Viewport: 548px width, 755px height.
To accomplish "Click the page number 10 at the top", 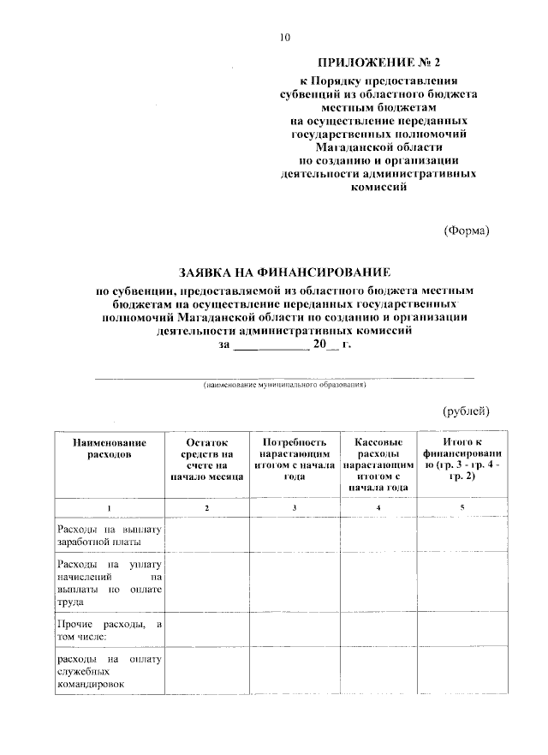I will click(x=286, y=37).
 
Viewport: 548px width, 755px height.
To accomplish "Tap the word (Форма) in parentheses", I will click(x=467, y=230).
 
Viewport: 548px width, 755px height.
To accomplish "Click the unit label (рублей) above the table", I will click(x=466, y=410).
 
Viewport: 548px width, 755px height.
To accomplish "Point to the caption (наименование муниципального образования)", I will click(x=284, y=386).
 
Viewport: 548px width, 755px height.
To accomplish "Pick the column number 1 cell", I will click(x=110, y=509).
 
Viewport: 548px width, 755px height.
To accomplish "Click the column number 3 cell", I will click(x=294, y=509).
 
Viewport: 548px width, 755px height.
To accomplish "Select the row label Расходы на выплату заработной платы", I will click(x=109, y=536).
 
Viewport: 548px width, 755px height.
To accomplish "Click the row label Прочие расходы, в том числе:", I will click(x=109, y=630).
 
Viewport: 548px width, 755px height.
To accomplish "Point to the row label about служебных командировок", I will click(x=109, y=672).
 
